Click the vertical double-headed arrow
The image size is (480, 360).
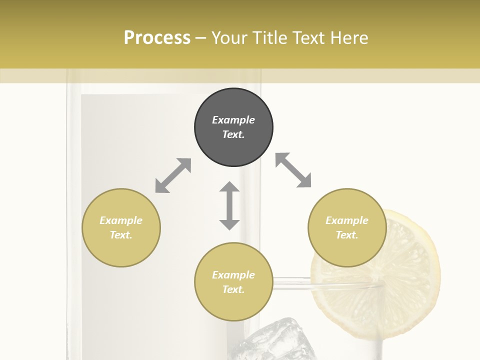click(229, 205)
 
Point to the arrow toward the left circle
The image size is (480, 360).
click(173, 175)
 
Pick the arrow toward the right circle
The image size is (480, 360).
click(293, 170)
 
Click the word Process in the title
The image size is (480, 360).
click(157, 37)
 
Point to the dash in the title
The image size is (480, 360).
click(201, 38)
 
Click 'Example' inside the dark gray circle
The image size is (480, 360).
click(233, 120)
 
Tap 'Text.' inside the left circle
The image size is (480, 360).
click(121, 235)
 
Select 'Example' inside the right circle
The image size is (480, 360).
click(347, 220)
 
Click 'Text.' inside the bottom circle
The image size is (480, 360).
click(233, 289)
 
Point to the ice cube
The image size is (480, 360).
click(270, 340)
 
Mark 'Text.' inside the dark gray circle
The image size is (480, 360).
click(233, 134)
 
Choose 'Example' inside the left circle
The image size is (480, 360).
click(121, 220)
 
